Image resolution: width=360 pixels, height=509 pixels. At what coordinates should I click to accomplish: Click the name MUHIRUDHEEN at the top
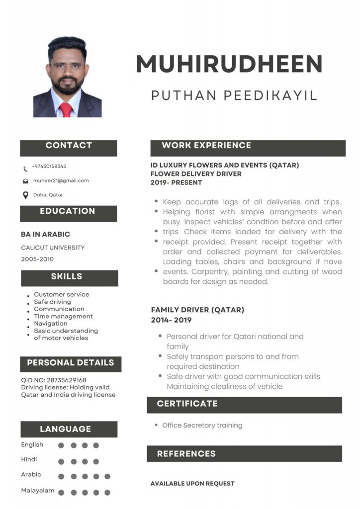(229, 64)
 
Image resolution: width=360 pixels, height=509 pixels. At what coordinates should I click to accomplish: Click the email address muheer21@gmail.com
(61, 180)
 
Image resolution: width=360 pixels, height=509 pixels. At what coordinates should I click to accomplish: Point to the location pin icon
(25, 195)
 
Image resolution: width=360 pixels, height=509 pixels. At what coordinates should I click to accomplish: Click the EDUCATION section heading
(68, 211)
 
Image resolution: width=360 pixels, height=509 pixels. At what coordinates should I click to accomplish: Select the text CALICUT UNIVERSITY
(53, 248)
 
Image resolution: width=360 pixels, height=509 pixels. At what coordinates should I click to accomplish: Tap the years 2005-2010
(37, 259)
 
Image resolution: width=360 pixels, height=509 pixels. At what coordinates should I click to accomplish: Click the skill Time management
(63, 316)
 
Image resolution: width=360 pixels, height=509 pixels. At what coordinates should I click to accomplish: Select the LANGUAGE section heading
(66, 429)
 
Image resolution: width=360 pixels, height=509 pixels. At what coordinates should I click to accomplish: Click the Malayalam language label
(38, 490)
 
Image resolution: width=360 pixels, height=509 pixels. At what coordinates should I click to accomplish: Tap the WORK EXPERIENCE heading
(206, 146)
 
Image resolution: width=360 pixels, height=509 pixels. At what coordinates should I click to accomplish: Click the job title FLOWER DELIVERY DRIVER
(196, 174)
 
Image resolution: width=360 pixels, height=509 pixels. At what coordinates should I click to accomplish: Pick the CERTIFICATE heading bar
(187, 404)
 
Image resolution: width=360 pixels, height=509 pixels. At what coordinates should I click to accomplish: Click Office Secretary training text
(202, 425)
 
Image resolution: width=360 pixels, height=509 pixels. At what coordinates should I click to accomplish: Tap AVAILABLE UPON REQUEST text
(192, 483)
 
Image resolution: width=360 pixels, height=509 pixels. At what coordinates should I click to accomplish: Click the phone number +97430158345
(49, 167)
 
